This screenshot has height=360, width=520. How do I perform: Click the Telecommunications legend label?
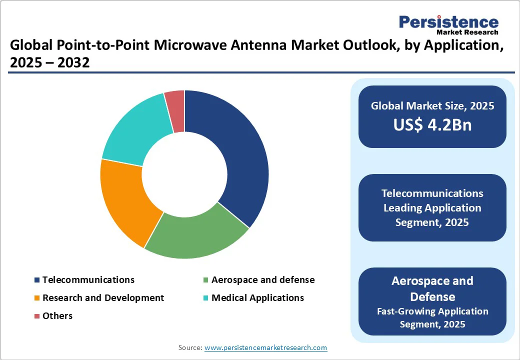88,279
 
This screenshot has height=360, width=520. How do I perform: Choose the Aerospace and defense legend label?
263,279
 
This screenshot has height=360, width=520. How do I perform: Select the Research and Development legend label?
103,297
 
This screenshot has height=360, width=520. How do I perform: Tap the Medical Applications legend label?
257,297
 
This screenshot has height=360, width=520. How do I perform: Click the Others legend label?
57,315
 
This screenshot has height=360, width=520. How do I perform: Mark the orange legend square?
36,298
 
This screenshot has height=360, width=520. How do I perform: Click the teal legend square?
205,298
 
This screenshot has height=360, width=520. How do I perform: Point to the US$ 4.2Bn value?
432,125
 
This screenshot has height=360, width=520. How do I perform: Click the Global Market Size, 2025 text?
432,105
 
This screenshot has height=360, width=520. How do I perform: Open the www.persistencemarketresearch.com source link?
265,347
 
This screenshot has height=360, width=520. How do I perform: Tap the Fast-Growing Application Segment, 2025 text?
432,317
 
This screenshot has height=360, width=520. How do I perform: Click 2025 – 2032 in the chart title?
49,63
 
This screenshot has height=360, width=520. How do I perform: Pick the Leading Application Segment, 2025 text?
432,215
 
